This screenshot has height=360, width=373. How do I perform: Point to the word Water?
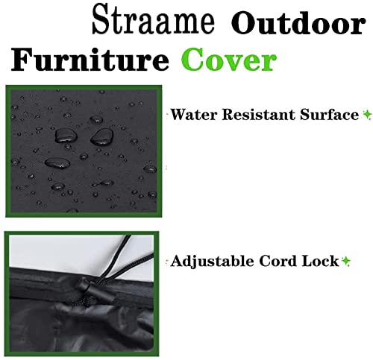[190, 116]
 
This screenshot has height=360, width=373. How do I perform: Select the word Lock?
[322, 262]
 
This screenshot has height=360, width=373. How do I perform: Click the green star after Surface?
[367, 116]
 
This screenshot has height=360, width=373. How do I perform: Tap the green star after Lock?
[346, 262]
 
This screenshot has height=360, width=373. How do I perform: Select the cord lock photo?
[82, 293]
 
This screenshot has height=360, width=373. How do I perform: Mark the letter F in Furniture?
[25, 60]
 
